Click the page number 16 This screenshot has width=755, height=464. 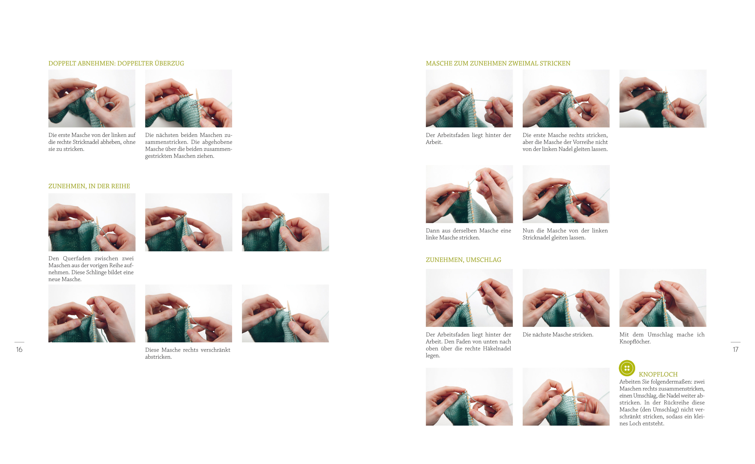pyautogui.click(x=19, y=350)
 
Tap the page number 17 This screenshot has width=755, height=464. pyautogui.click(x=735, y=350)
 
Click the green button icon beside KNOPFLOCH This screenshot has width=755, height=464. pyautogui.click(x=627, y=368)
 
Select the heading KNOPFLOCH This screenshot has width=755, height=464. pyautogui.click(x=658, y=374)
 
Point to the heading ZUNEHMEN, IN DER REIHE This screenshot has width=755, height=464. pyautogui.click(x=89, y=186)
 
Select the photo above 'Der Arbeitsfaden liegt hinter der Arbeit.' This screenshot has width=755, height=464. pyautogui.click(x=469, y=99)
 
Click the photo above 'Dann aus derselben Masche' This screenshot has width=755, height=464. pyautogui.click(x=469, y=194)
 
